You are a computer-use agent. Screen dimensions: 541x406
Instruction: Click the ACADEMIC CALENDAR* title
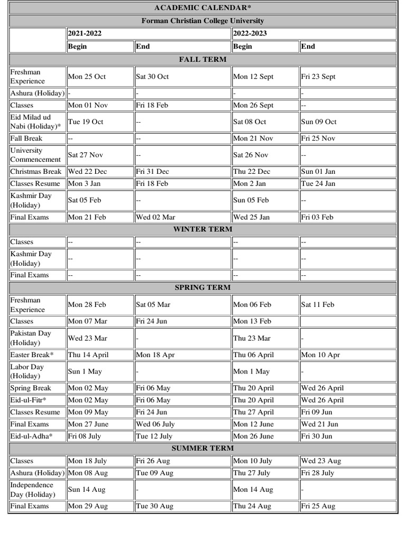(x=203, y=7)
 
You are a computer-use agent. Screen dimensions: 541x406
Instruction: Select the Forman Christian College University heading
(x=203, y=21)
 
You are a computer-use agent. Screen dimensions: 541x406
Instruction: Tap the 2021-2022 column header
(x=85, y=33)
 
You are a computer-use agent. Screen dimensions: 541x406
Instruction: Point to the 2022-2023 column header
(x=250, y=33)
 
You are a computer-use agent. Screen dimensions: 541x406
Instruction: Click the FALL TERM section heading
(x=203, y=59)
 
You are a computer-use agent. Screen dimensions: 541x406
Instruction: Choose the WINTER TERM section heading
(x=203, y=229)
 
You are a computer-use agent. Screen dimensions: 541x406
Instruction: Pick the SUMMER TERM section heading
(x=203, y=448)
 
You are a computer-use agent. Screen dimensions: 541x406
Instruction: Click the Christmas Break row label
(x=36, y=171)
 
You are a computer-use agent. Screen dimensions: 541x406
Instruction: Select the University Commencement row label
(x=35, y=155)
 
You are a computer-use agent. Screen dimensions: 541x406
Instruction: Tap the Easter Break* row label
(x=34, y=355)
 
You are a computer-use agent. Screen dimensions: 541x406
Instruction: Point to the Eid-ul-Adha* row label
(x=32, y=436)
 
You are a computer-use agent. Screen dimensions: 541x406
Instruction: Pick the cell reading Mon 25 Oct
(x=87, y=77)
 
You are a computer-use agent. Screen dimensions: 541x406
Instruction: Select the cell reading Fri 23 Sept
(x=318, y=77)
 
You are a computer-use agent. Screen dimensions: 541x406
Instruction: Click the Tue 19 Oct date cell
(x=86, y=122)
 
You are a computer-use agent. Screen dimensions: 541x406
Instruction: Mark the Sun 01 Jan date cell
(x=318, y=171)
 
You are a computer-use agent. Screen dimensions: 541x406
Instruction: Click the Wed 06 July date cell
(x=155, y=424)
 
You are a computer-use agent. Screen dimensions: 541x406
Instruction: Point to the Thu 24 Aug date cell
(x=252, y=506)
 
